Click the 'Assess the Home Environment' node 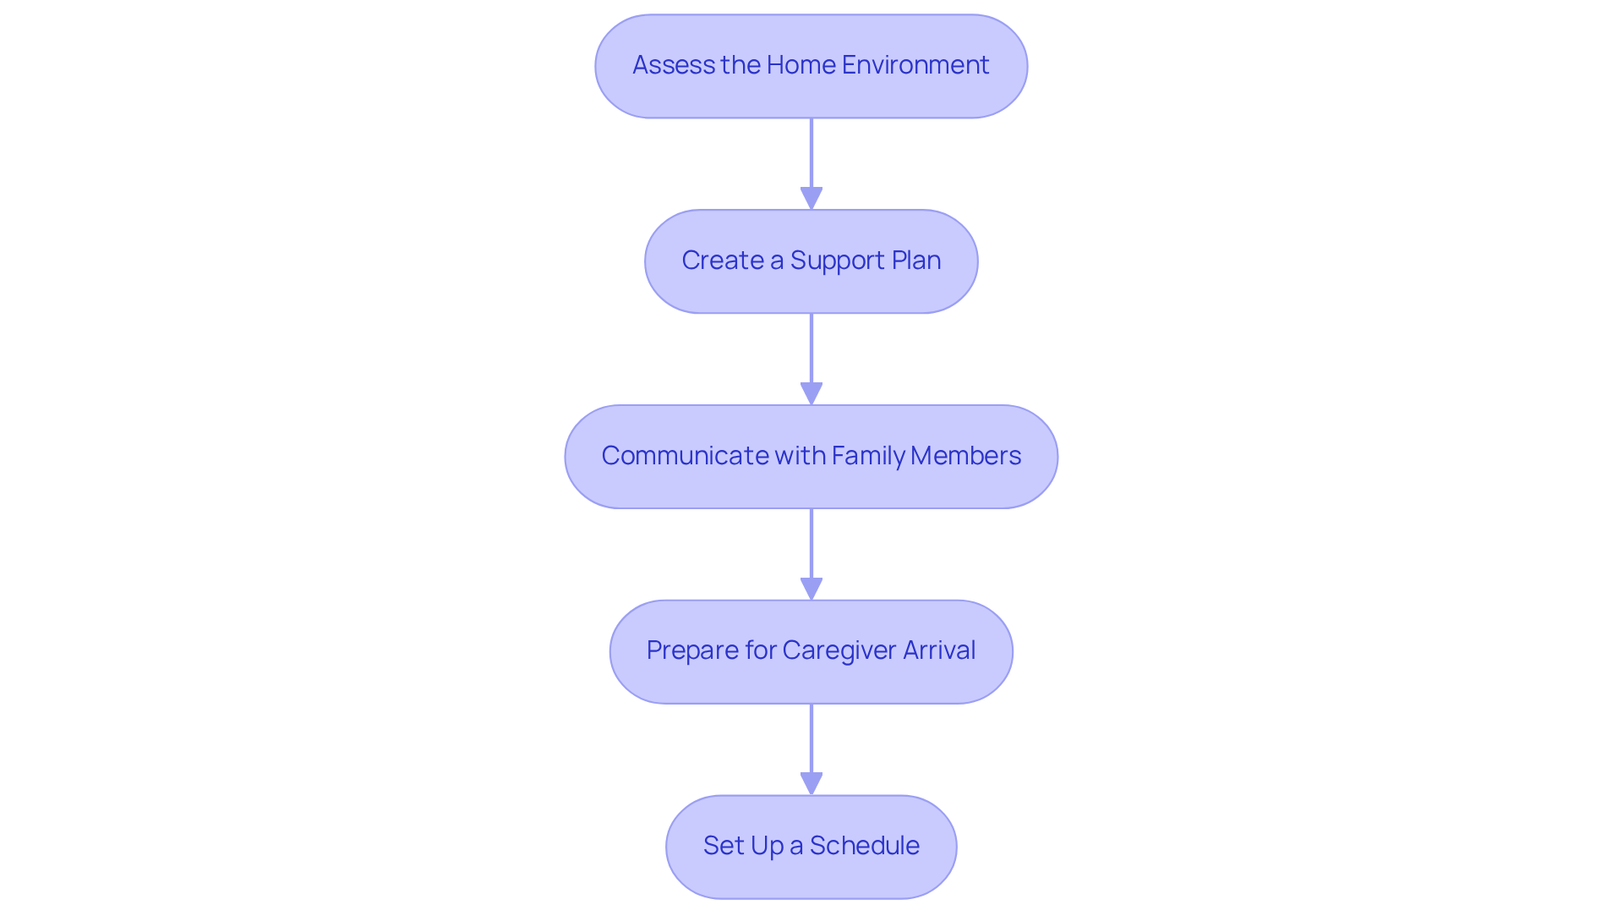pyautogui.click(x=811, y=66)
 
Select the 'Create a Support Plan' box pyautogui.click(x=811, y=261)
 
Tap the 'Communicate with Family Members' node pyautogui.click(x=811, y=457)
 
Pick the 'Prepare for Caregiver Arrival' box pyautogui.click(x=811, y=651)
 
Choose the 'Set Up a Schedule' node pyautogui.click(x=811, y=847)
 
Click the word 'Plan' pyautogui.click(x=916, y=261)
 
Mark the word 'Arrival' pyautogui.click(x=939, y=650)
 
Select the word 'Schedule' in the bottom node pyautogui.click(x=865, y=846)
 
